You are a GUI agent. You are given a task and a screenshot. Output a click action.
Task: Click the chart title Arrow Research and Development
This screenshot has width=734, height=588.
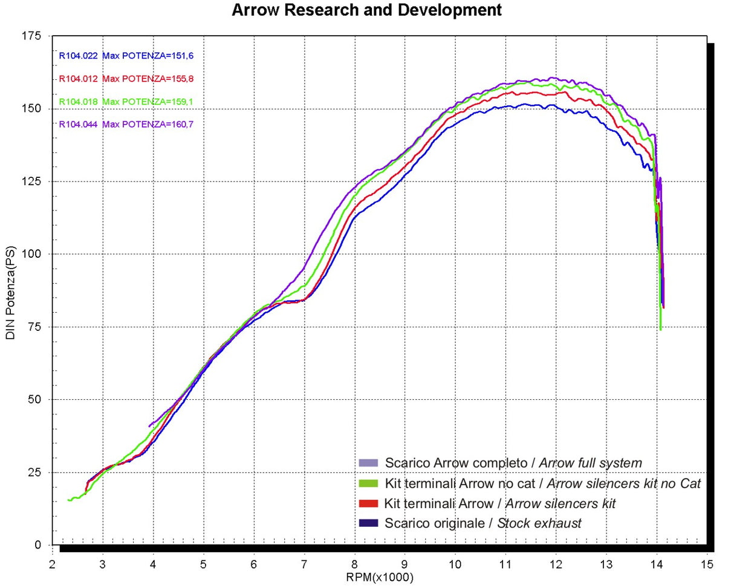366,10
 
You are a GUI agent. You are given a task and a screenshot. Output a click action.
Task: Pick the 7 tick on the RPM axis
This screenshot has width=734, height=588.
304,564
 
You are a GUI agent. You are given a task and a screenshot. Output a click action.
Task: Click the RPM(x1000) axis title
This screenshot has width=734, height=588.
380,578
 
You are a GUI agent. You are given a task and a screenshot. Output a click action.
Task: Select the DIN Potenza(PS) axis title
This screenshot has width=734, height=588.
11,293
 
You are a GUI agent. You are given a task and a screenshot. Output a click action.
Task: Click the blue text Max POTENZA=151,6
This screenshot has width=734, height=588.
148,56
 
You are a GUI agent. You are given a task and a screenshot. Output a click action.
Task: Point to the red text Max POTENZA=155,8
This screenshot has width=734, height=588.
148,79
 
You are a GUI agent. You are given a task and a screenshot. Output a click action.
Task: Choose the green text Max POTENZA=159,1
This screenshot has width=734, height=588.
148,102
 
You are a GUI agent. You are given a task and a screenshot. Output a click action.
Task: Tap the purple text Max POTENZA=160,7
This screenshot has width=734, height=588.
148,125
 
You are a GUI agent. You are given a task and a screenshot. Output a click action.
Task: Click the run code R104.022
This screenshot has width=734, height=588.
78,56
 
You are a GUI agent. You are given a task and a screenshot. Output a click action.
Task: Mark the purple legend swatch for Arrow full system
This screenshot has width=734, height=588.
368,463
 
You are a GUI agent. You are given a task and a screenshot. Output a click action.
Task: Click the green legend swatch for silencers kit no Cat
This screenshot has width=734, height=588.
368,483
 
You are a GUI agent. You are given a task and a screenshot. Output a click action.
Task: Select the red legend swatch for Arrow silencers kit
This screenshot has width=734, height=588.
368,503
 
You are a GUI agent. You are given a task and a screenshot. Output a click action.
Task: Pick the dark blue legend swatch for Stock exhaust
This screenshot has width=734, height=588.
368,523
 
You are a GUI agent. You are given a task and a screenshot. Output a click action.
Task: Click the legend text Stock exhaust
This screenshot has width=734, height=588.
539,523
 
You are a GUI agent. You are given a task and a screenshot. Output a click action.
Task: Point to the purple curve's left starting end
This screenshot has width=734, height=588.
149,426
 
